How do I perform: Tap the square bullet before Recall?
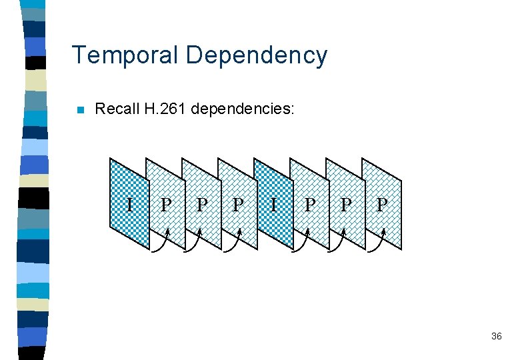(81, 110)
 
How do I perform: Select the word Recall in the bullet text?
(117, 109)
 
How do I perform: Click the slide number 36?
(496, 337)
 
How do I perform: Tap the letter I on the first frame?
(130, 204)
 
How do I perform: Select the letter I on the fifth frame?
(273, 204)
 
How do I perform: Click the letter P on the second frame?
(165, 204)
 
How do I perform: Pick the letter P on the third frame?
(201, 204)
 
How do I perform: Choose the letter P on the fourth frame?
(237, 204)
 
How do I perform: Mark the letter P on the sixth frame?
(309, 204)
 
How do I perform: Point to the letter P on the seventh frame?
(345, 204)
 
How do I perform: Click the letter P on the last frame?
(381, 204)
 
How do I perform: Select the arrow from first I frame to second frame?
(160, 245)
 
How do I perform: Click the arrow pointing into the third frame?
(195, 245)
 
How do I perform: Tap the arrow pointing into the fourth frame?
(231, 245)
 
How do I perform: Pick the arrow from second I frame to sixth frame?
(303, 245)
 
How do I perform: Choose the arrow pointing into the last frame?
(375, 245)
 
